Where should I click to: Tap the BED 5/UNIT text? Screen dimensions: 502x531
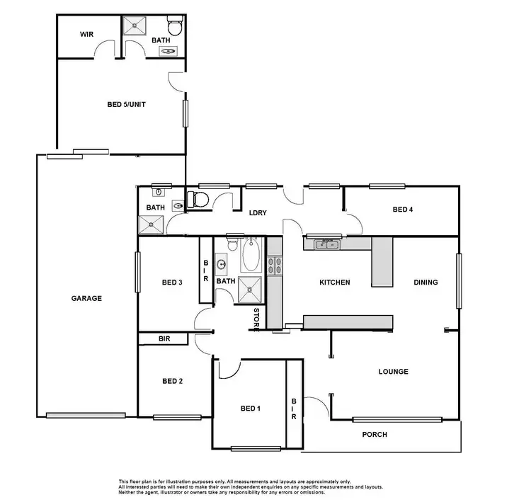126,104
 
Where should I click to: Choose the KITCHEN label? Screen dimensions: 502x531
334,283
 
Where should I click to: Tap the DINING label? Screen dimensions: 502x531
426,283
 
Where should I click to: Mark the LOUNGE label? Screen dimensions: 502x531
393,372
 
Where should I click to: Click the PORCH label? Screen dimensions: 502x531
374,435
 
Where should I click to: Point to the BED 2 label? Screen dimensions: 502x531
172,381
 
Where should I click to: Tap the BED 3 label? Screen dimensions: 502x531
172,283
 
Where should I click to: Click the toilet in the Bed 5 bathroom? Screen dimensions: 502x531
177,28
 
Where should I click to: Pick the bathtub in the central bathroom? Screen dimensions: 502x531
251,256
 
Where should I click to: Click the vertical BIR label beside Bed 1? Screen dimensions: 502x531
294,409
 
